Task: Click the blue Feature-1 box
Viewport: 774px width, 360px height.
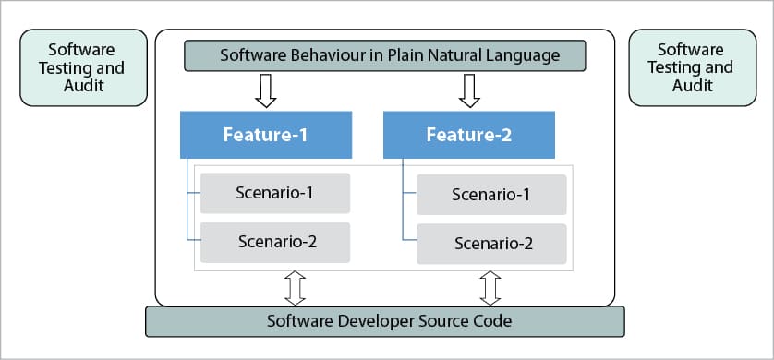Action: (266, 135)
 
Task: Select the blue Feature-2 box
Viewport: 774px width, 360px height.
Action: (469, 135)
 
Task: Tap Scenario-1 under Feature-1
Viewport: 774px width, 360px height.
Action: (275, 193)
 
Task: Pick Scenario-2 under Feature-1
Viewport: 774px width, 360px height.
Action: (275, 243)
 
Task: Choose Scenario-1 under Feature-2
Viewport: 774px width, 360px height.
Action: (491, 194)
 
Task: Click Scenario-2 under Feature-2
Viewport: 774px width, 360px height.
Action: (491, 244)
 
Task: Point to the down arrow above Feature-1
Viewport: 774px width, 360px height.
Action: (266, 90)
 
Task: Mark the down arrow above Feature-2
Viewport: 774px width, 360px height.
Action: (469, 90)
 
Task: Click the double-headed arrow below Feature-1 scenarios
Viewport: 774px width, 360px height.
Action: (296, 289)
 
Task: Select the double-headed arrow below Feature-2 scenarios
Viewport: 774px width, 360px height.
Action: (490, 289)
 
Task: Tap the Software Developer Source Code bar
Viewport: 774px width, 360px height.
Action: (385, 321)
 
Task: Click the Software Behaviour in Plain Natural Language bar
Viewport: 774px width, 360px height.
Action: (385, 55)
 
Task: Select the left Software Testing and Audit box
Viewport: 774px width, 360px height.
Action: (83, 67)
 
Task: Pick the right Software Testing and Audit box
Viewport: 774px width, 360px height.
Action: (693, 67)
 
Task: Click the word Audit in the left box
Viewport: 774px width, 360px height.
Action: (84, 85)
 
